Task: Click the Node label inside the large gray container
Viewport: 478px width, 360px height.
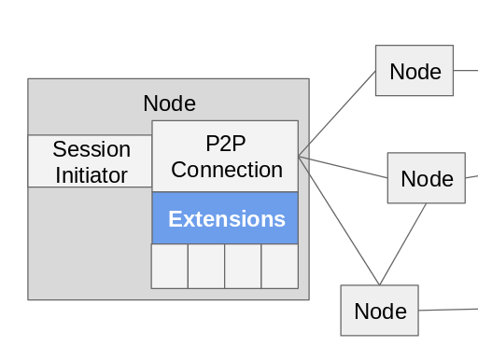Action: (169, 104)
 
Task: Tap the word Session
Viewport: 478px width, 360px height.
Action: (91, 149)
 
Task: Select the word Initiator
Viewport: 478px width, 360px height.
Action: (91, 174)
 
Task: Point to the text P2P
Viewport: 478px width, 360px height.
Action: (225, 144)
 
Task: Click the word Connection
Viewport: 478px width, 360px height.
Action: (226, 170)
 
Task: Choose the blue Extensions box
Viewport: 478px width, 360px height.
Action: (225, 219)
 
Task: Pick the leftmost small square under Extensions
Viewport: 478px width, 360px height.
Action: (170, 266)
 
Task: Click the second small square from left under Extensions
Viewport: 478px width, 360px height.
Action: (206, 266)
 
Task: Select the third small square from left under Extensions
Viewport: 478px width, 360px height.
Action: (243, 266)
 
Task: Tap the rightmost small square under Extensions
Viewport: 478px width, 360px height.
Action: (279, 266)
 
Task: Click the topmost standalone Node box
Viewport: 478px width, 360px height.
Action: (415, 71)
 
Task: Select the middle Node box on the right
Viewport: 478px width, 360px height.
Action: (426, 178)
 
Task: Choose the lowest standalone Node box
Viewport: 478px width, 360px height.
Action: (379, 311)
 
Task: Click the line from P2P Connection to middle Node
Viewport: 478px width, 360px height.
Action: (343, 167)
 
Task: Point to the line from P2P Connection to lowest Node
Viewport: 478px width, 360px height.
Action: (339, 220)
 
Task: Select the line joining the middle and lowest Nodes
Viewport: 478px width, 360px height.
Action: (402, 244)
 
